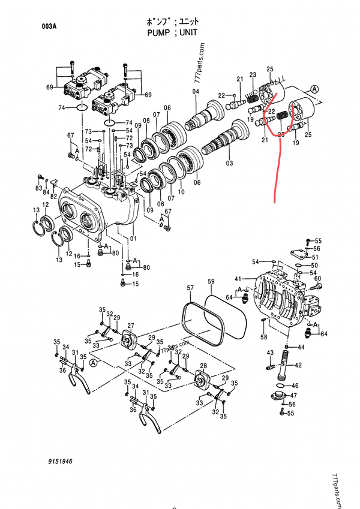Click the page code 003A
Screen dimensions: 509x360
click(x=50, y=26)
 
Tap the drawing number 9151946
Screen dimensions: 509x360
click(x=58, y=463)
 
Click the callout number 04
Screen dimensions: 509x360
click(x=195, y=92)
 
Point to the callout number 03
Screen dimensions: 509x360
click(x=229, y=162)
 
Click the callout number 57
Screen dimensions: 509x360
click(x=190, y=289)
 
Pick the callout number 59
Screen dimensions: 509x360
click(x=211, y=281)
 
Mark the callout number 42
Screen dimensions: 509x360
click(x=298, y=365)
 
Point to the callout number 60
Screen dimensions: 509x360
click(x=318, y=279)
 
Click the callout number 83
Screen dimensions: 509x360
click(x=39, y=189)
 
